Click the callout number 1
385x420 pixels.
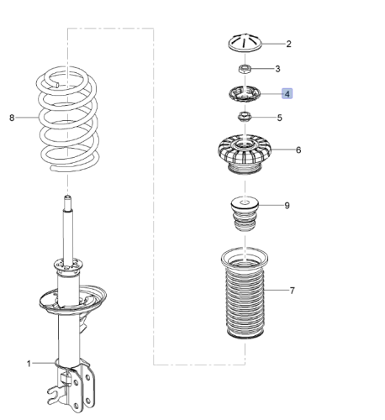point(29,364)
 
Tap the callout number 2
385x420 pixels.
point(287,44)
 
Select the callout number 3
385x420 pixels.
point(278,68)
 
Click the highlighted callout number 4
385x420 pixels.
point(287,94)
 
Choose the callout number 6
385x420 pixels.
point(298,151)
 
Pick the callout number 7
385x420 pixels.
point(292,291)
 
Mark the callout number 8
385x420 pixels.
point(12,118)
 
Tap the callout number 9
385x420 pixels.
point(287,204)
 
